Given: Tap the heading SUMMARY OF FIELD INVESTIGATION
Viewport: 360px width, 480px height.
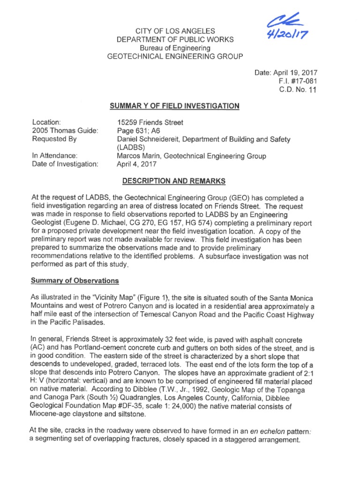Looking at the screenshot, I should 174,106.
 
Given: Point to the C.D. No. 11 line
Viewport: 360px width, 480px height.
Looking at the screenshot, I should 298,90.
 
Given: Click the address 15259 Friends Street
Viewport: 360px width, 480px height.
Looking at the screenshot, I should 150,122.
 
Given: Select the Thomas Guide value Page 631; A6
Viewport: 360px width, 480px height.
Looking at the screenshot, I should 138,131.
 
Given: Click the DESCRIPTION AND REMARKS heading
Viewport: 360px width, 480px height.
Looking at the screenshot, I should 174,181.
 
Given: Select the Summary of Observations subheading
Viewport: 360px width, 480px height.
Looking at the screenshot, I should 75,281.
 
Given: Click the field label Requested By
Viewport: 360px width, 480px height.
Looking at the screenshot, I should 54,139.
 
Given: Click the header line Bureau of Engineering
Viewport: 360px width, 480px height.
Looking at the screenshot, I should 175,48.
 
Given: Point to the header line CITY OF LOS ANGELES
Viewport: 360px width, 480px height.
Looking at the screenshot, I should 175,31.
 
